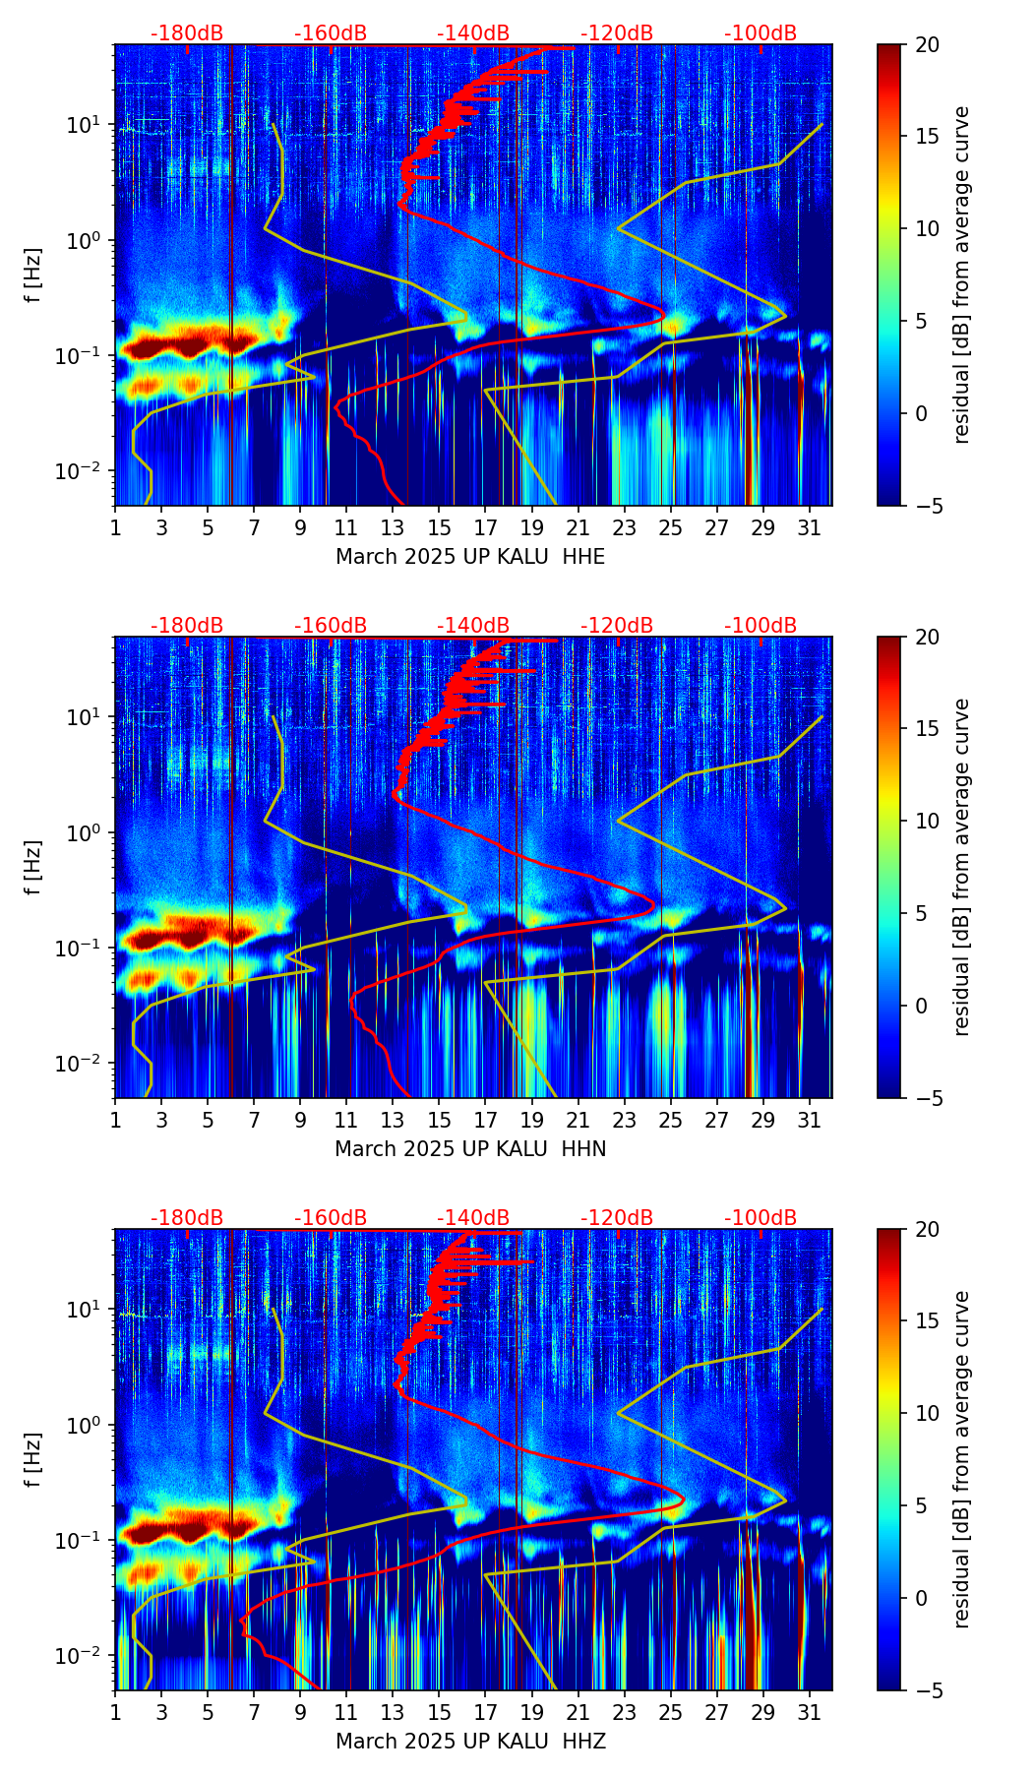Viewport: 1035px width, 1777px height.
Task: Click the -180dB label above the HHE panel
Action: [x=187, y=33]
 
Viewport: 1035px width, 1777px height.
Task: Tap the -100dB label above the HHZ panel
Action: [x=761, y=1218]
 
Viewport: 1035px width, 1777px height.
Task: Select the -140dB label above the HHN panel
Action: [x=473, y=626]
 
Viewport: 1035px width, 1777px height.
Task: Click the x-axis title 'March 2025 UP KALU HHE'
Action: [x=470, y=557]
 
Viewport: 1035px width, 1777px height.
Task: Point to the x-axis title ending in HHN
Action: [x=470, y=1149]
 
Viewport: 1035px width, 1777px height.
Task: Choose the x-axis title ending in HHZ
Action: [x=470, y=1742]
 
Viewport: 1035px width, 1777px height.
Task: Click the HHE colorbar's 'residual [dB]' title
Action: [x=962, y=275]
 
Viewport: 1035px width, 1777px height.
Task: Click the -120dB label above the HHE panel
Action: [x=617, y=33]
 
